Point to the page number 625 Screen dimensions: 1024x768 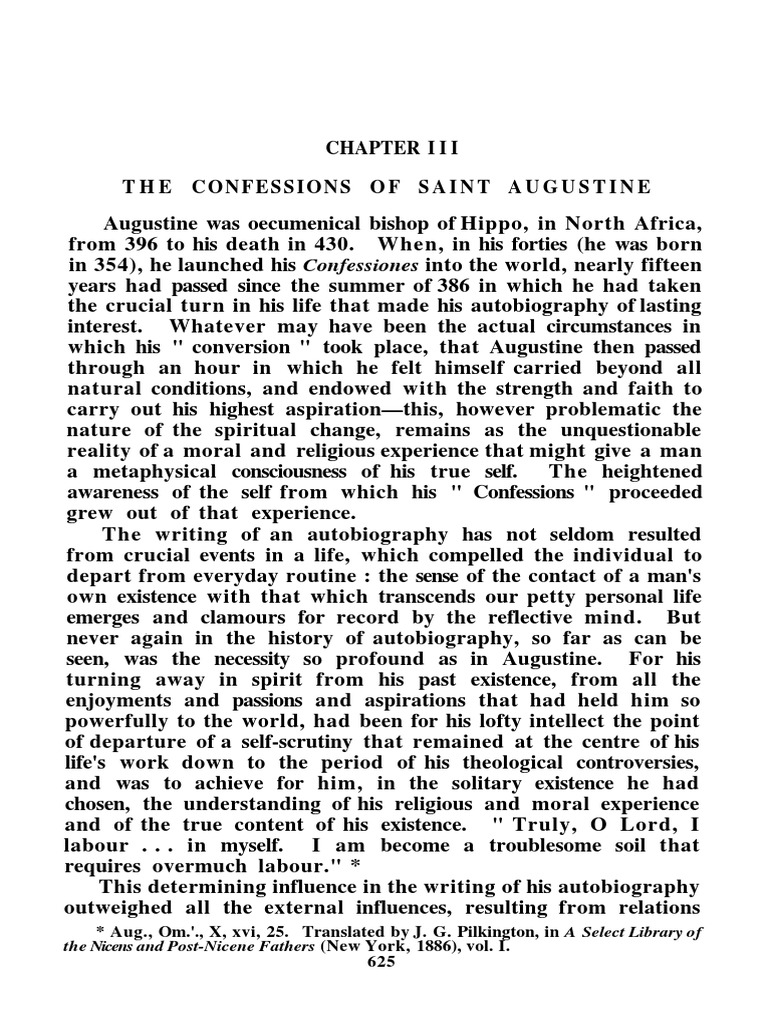pyautogui.click(x=383, y=962)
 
